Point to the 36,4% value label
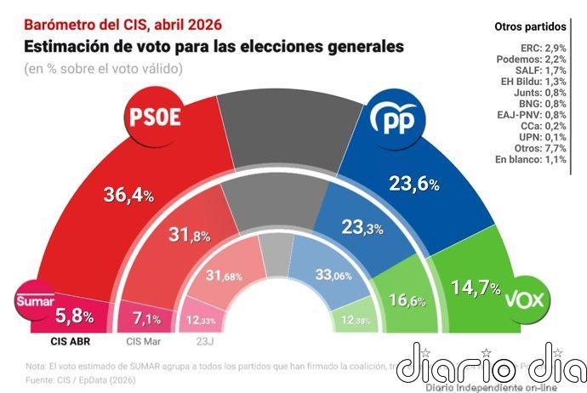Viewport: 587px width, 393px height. tap(128, 195)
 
